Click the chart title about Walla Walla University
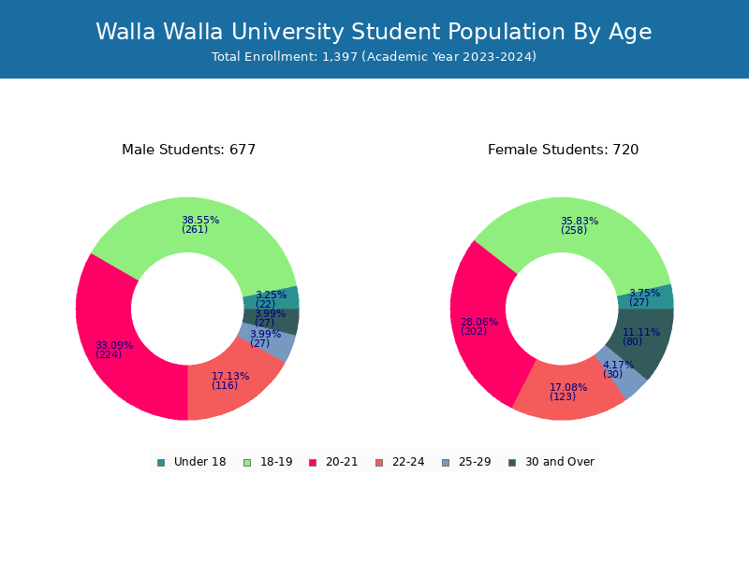374,32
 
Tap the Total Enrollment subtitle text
374,57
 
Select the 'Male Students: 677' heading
188,150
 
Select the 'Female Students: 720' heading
563,150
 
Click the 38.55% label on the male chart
200,221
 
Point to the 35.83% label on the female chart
580,222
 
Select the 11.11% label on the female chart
641,332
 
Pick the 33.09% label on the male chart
114,346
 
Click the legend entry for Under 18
191,462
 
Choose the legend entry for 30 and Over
551,462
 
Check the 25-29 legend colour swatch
446,462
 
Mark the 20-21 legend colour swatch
313,462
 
